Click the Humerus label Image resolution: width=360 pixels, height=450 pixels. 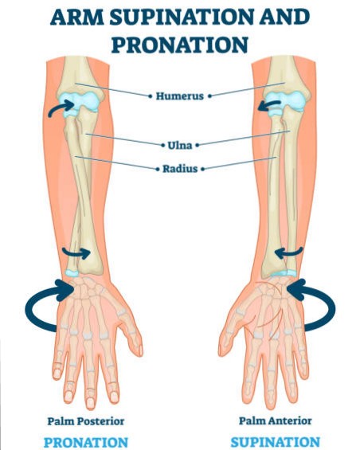click(x=180, y=96)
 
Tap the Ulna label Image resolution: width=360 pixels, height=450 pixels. click(x=180, y=145)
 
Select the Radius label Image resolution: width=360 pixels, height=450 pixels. click(x=180, y=169)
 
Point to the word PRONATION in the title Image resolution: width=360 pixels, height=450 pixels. click(x=180, y=45)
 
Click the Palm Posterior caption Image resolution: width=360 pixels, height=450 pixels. click(x=86, y=421)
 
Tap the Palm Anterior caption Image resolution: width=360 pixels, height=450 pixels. click(x=276, y=421)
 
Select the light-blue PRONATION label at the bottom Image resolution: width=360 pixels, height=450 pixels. click(x=86, y=442)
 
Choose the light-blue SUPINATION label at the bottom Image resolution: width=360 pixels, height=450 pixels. click(x=276, y=442)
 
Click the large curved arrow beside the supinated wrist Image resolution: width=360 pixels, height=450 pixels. click(x=333, y=309)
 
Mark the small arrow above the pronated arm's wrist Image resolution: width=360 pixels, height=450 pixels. click(x=76, y=253)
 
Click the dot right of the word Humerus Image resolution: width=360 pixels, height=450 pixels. click(x=209, y=96)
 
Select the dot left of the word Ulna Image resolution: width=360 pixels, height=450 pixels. click(x=162, y=145)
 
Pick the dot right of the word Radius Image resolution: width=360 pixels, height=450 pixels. click(x=202, y=169)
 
